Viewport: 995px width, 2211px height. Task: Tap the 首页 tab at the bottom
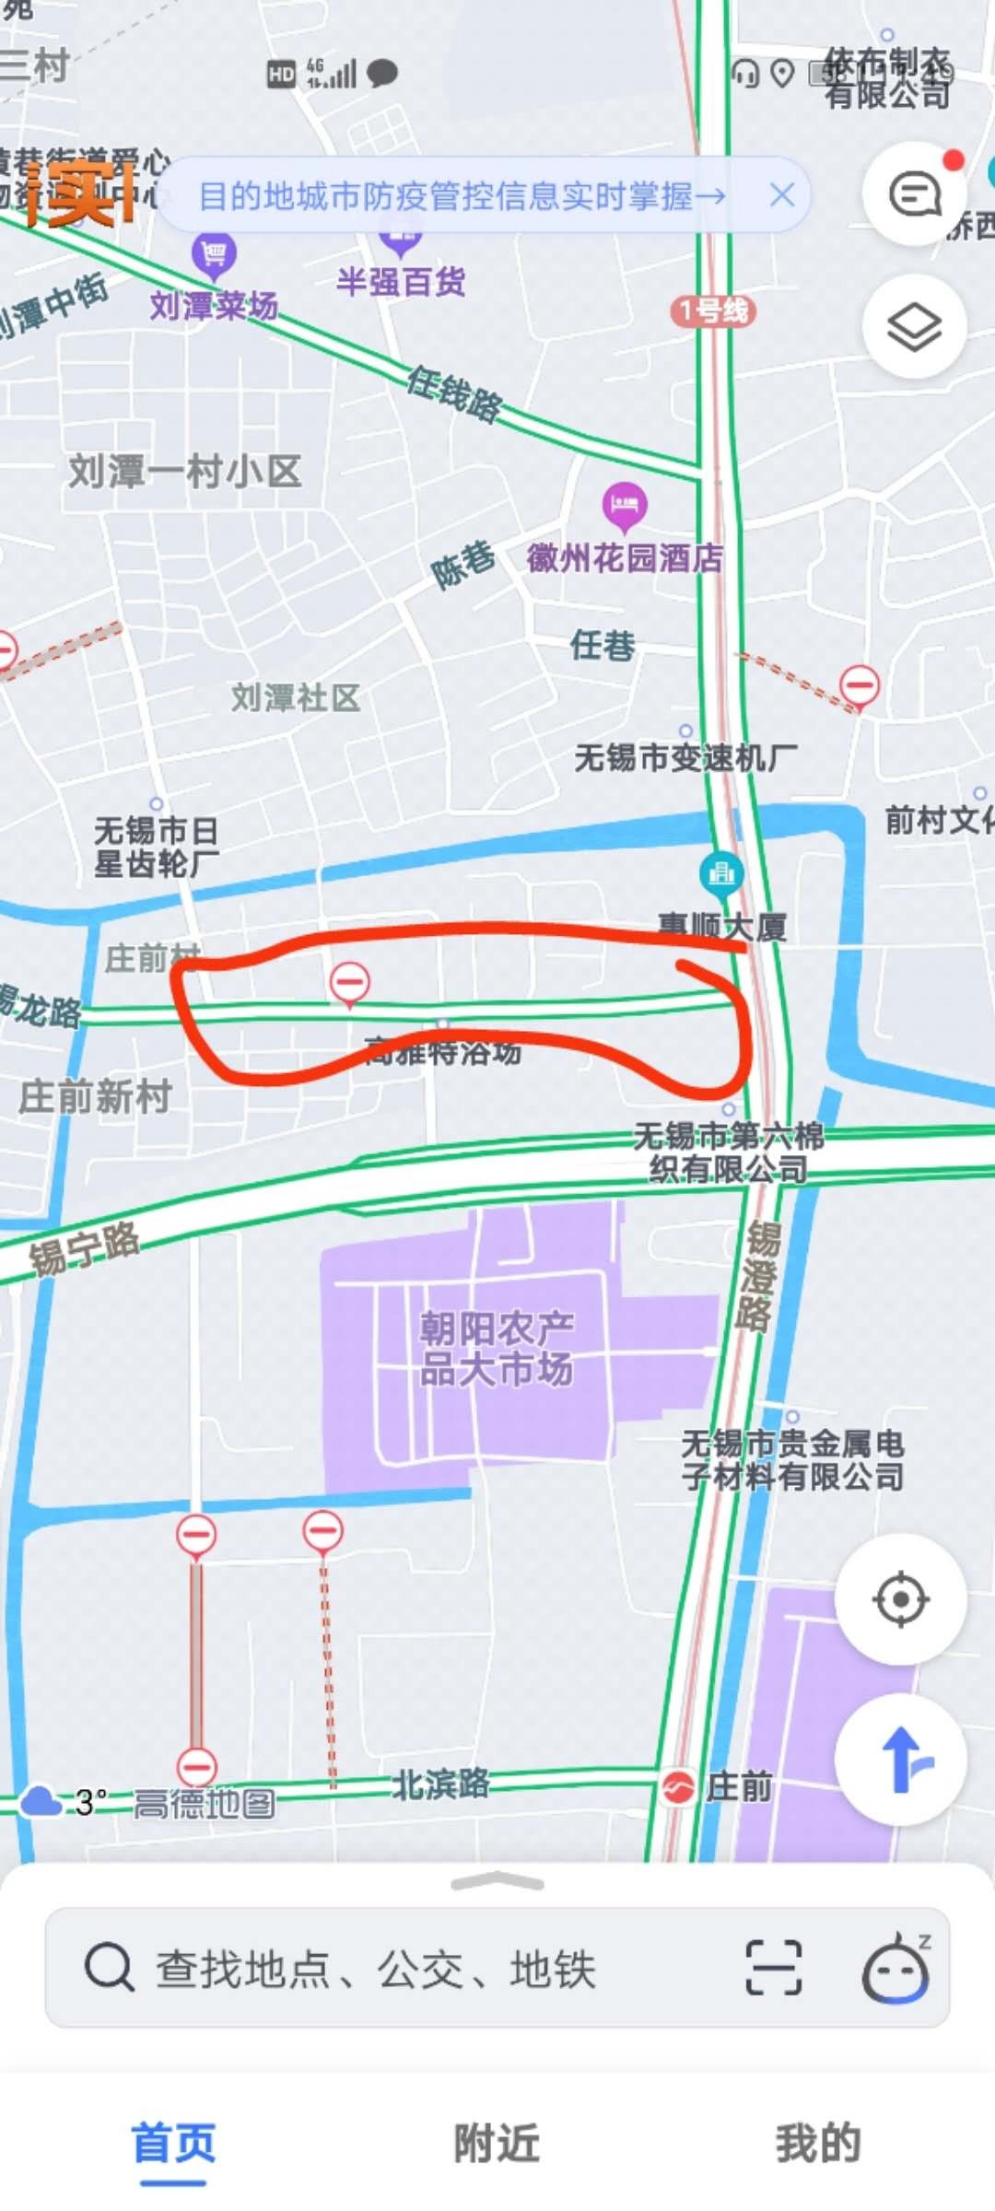coord(173,2143)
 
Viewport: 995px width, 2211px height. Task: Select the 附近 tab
coord(497,2143)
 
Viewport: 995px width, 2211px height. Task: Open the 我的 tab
coord(818,2143)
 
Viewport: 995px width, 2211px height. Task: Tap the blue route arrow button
coord(901,1760)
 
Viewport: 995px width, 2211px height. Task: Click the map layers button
coord(914,326)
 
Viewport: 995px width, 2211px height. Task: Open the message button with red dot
coord(914,194)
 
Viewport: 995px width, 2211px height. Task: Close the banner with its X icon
coord(782,195)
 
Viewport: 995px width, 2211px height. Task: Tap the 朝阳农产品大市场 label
coord(497,1349)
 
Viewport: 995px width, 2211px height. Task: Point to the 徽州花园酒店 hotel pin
coord(625,505)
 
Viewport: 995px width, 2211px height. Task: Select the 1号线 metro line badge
coord(713,310)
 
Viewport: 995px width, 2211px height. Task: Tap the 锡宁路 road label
coord(84,1247)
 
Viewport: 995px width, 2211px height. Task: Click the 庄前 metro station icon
coord(678,1788)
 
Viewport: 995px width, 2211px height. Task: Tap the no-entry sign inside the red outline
coord(350,982)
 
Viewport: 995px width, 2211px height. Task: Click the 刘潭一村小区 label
coord(185,472)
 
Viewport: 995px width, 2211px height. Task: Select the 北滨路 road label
coord(440,1784)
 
